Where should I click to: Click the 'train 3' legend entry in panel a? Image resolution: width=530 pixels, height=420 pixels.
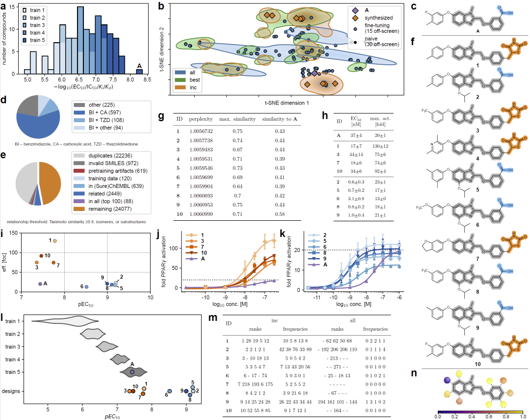pyautogui.click(x=36, y=25)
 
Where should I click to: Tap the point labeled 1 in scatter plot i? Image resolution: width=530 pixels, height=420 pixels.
pyautogui.click(x=54, y=240)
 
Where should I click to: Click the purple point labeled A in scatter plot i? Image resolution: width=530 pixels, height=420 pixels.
pyautogui.click(x=40, y=284)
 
